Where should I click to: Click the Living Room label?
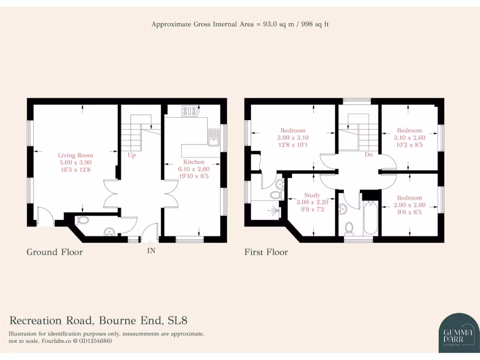click(x=75, y=155)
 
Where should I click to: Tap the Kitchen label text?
click(x=194, y=162)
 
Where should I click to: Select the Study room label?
click(x=312, y=195)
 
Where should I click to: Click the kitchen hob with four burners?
click(x=189, y=111)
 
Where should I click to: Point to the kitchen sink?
click(x=214, y=137)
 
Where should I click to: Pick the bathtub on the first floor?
click(x=370, y=217)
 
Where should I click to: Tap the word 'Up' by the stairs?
click(x=132, y=156)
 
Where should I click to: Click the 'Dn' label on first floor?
click(x=368, y=154)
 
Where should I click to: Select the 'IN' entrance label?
click(x=151, y=251)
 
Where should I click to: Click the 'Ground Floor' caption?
click(x=54, y=252)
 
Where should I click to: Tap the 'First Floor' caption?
click(x=266, y=252)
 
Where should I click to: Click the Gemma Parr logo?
click(x=452, y=332)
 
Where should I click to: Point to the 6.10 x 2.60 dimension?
click(x=194, y=169)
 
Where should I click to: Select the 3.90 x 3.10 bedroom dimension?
click(x=292, y=137)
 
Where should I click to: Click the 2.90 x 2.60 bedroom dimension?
click(x=409, y=205)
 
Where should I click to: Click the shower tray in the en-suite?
click(x=265, y=210)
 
